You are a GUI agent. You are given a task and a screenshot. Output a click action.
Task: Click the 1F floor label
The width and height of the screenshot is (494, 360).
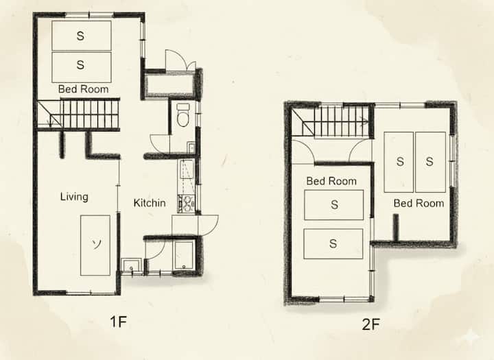[x=119, y=322]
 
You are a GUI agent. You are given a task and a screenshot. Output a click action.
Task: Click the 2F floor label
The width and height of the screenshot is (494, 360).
[x=370, y=325]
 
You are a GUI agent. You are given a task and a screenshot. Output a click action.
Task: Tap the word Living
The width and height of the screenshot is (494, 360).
[x=74, y=197]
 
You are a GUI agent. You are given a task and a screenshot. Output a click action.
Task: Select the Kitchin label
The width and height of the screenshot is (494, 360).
[x=150, y=203]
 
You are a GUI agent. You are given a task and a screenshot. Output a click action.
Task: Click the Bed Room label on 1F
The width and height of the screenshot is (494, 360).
[x=83, y=89]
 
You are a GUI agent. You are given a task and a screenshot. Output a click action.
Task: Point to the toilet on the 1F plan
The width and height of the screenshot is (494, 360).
[x=183, y=115]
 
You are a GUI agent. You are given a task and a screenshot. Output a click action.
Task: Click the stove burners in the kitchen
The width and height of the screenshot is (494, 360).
[x=186, y=204]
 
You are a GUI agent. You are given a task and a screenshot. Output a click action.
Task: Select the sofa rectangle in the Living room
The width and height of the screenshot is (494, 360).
[x=95, y=245]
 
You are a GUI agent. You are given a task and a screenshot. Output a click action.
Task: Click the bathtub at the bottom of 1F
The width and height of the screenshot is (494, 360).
[x=184, y=256]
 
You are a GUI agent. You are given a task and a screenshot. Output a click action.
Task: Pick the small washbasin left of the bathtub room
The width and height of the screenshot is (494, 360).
[x=131, y=266]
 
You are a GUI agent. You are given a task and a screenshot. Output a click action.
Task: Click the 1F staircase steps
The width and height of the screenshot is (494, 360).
[x=90, y=114]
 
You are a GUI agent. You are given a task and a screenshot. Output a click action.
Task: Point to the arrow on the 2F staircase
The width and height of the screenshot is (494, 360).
[x=364, y=121]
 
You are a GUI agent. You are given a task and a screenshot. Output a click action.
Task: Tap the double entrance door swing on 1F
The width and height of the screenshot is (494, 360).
[x=180, y=60]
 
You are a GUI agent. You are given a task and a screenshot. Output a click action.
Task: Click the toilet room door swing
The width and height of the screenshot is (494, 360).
[x=160, y=144]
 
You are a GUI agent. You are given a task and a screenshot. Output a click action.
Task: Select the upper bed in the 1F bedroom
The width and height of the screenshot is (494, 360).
[x=82, y=36]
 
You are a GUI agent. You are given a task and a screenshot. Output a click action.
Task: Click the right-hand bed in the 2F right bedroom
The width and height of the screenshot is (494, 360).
[x=430, y=162]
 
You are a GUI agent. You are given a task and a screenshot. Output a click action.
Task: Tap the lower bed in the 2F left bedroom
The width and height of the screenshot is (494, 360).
[x=333, y=244]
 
